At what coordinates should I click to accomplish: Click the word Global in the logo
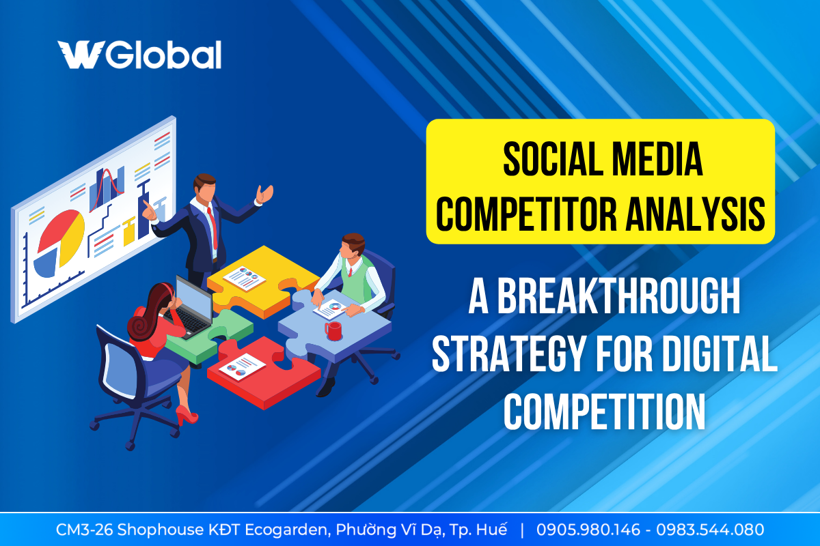163,55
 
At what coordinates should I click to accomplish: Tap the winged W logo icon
81,55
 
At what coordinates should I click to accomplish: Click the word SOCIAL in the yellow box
553,160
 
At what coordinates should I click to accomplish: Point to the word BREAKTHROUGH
618,296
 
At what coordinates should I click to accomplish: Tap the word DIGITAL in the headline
720,353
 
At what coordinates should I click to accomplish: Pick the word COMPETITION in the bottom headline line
604,411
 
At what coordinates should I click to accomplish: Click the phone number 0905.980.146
588,530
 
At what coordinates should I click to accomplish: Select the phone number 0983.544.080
710,530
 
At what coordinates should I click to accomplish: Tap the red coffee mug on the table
333,331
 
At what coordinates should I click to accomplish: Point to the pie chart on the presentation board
59,244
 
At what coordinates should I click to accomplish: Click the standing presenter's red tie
213,227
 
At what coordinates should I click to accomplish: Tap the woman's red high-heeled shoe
187,416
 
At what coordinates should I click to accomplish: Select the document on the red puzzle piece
243,367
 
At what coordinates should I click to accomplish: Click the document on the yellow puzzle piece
244,278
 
